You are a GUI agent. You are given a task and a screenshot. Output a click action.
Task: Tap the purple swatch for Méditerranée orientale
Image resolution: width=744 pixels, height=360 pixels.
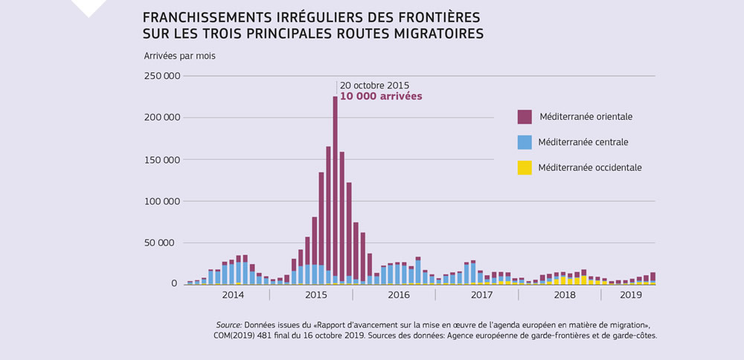coord(525,117)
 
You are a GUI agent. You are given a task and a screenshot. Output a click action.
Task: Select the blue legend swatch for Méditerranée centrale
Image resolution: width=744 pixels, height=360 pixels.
coord(525,142)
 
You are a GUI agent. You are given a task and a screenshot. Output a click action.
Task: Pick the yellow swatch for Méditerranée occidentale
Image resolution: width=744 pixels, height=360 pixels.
coord(525,167)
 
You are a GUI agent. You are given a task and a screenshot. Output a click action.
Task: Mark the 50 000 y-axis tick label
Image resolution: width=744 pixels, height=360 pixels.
coord(161,242)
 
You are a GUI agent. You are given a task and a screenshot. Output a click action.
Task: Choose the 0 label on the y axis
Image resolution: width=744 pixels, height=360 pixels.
coord(175,284)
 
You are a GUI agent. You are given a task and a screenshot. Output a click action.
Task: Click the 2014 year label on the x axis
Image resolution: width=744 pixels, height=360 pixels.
coord(233,295)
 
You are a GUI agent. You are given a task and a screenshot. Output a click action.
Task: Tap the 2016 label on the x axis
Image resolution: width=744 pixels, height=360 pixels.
coord(399,295)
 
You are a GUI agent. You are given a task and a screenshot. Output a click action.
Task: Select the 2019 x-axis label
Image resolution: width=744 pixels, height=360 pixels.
coord(631,295)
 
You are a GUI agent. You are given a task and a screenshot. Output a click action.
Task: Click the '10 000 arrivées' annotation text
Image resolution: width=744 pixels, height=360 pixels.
coord(381,97)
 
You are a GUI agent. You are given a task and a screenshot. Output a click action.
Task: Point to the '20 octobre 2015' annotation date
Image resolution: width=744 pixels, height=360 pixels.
coord(375,85)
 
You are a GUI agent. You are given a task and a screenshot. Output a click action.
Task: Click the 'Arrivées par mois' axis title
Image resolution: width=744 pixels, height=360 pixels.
coord(179,56)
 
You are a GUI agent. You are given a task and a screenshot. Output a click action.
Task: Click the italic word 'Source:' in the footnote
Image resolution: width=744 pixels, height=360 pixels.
coord(228,325)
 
